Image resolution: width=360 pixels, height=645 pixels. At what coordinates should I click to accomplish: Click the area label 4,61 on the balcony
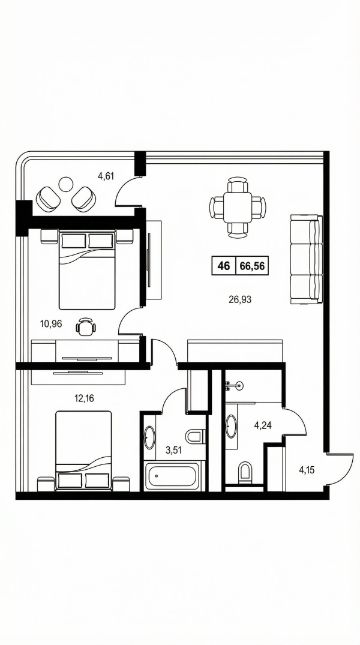tap(106, 176)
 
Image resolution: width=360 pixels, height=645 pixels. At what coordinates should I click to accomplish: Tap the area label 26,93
tap(240, 299)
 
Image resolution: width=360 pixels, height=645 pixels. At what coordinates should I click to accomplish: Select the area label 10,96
tap(51, 324)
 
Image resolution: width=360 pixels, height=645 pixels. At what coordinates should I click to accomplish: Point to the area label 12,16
tap(84, 398)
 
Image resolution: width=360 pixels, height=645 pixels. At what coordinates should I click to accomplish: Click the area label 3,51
tap(174, 450)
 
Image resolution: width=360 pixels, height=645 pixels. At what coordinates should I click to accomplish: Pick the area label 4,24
tap(263, 426)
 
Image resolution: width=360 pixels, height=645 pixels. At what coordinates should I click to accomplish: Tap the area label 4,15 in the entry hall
tap(307, 470)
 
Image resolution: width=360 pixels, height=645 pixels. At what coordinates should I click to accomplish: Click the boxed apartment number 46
tap(224, 266)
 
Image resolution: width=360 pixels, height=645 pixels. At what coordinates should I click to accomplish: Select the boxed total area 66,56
tap(252, 266)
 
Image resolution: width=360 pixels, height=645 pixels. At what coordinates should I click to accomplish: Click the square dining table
tap(237, 207)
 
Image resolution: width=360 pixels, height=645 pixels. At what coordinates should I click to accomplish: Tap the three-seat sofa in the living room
tap(306, 259)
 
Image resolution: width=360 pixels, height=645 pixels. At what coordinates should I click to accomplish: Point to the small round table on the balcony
tap(65, 184)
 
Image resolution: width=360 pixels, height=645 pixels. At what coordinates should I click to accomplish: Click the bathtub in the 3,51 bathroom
tap(174, 476)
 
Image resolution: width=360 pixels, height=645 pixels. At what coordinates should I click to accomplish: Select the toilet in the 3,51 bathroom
tap(195, 436)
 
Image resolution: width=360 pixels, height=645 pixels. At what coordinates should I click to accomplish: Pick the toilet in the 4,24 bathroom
tap(245, 472)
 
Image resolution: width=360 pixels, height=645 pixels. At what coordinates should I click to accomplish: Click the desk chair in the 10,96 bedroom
tap(86, 327)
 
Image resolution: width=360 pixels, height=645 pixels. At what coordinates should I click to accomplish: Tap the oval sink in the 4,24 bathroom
tap(231, 426)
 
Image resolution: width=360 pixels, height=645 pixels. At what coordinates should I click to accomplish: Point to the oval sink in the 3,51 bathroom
tap(149, 437)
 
